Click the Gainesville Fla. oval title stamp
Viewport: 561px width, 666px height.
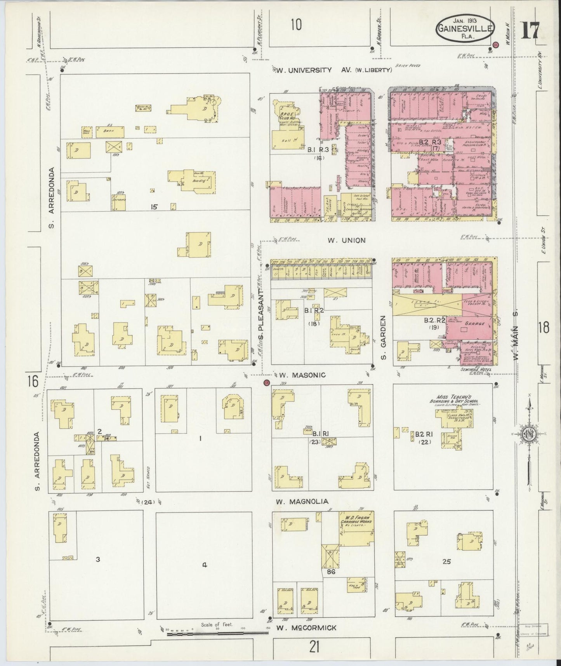pyautogui.click(x=465, y=28)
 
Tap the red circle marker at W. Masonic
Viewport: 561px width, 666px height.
pyautogui.click(x=266, y=383)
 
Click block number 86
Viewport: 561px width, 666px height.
pyautogui.click(x=331, y=572)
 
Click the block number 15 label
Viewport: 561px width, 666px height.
pyautogui.click(x=154, y=207)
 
